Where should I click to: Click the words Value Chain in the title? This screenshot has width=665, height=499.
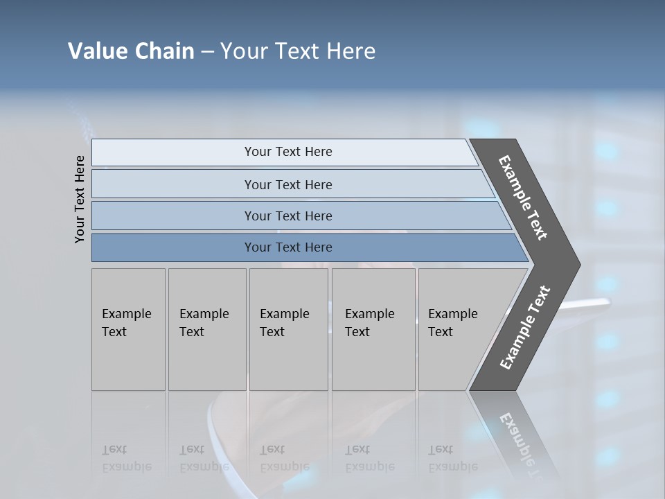(131, 51)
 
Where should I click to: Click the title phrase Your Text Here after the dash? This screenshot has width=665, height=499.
(298, 51)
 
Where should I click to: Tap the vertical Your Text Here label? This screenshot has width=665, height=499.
(80, 199)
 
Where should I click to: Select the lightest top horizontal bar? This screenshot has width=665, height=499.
(284, 152)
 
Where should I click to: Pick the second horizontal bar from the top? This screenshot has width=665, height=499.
(287, 184)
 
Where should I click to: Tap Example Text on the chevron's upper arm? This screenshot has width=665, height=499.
(523, 198)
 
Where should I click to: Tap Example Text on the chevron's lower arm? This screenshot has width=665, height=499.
(524, 328)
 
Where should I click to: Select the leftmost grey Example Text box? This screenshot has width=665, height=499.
(128, 329)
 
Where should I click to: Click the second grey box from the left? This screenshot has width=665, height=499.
(207, 329)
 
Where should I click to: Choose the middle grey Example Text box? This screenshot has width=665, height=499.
(288, 329)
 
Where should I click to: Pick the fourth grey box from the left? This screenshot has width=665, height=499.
(373, 329)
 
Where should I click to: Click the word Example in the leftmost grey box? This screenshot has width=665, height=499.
(126, 314)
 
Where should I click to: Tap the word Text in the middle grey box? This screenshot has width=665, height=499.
(272, 332)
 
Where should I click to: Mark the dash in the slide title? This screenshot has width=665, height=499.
(207, 52)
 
